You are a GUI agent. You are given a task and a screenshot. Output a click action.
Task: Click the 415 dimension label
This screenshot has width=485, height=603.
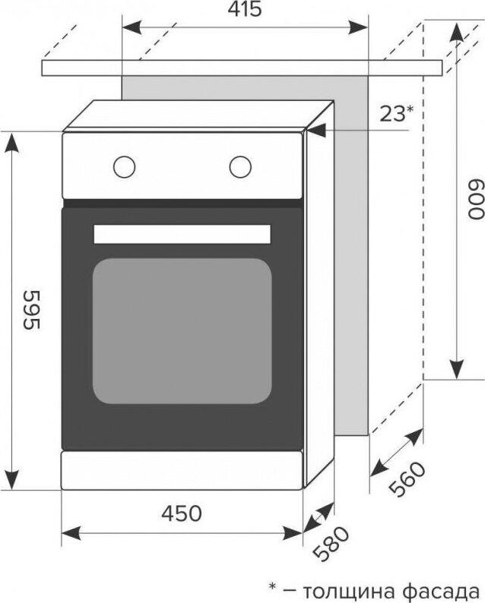coord(245,9)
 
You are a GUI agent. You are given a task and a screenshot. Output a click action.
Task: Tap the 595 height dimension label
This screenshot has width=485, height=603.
coord(33,310)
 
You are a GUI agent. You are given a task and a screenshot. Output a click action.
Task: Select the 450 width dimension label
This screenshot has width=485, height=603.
coord(181,513)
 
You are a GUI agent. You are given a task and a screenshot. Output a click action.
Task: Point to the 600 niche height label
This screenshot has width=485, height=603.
coord(476,200)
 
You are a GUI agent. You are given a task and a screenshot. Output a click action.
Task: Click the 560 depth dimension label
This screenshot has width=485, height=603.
coord(407,478)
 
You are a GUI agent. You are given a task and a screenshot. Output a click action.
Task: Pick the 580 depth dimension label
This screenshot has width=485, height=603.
coord(331,544)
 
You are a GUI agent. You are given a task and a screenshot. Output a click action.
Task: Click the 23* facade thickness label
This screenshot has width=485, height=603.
coord(397,114)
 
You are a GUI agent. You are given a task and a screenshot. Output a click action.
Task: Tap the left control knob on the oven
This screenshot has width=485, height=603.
coord(125,167)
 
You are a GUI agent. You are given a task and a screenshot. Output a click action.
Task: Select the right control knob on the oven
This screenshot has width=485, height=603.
coord(240,167)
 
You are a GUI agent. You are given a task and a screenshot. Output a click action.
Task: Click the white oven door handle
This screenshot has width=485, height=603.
coord(182,234)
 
